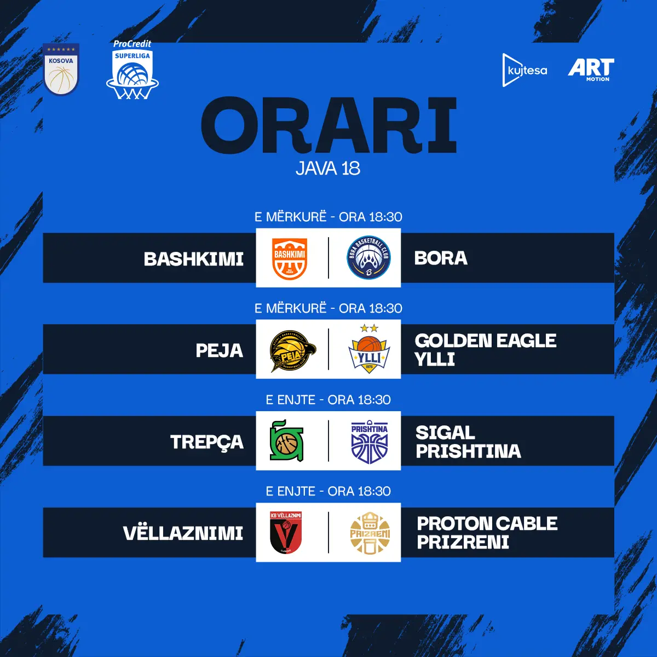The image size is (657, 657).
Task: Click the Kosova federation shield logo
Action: tap(61, 69)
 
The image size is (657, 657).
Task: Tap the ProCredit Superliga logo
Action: tap(132, 70)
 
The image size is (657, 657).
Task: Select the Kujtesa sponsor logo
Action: tap(525, 70)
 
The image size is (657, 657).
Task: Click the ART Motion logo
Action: tap(591, 70)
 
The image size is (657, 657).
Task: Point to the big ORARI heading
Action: tap(328, 125)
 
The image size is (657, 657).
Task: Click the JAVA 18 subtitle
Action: tap(328, 168)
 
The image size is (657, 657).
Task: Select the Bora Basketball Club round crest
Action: tap(368, 257)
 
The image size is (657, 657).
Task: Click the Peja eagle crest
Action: tap(293, 351)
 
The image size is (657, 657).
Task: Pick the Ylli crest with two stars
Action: tap(369, 349)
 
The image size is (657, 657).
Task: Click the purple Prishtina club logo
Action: tap(369, 442)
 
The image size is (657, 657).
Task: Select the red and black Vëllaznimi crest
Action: tap(286, 533)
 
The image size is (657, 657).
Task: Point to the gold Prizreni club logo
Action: tap(370, 533)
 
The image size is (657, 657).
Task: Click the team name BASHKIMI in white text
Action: tap(194, 259)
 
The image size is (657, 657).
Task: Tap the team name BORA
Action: tap(441, 258)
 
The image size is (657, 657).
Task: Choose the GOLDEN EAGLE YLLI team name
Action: tap(486, 350)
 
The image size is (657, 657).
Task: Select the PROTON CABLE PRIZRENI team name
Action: tap(487, 533)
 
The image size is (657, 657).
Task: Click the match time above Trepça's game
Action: tap(328, 400)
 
